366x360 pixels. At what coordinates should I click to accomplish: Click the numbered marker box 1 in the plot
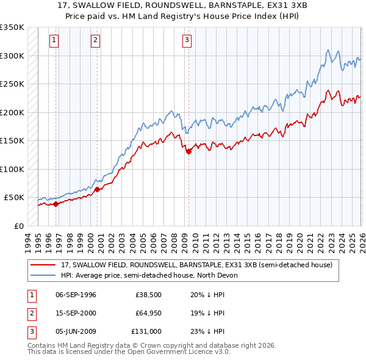[55, 41]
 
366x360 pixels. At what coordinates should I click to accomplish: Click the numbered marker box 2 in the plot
[96, 41]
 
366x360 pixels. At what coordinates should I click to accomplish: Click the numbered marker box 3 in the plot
[186, 41]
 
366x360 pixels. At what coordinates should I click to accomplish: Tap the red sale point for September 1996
[56, 204]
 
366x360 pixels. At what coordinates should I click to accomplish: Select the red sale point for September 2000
[98, 189]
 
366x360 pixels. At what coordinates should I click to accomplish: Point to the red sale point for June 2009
[188, 152]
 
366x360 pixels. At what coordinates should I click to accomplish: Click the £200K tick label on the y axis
[12, 112]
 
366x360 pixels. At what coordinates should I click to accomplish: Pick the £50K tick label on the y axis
[14, 198]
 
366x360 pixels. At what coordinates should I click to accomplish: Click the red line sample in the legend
[44, 265]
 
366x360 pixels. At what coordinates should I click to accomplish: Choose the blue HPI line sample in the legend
[44, 275]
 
